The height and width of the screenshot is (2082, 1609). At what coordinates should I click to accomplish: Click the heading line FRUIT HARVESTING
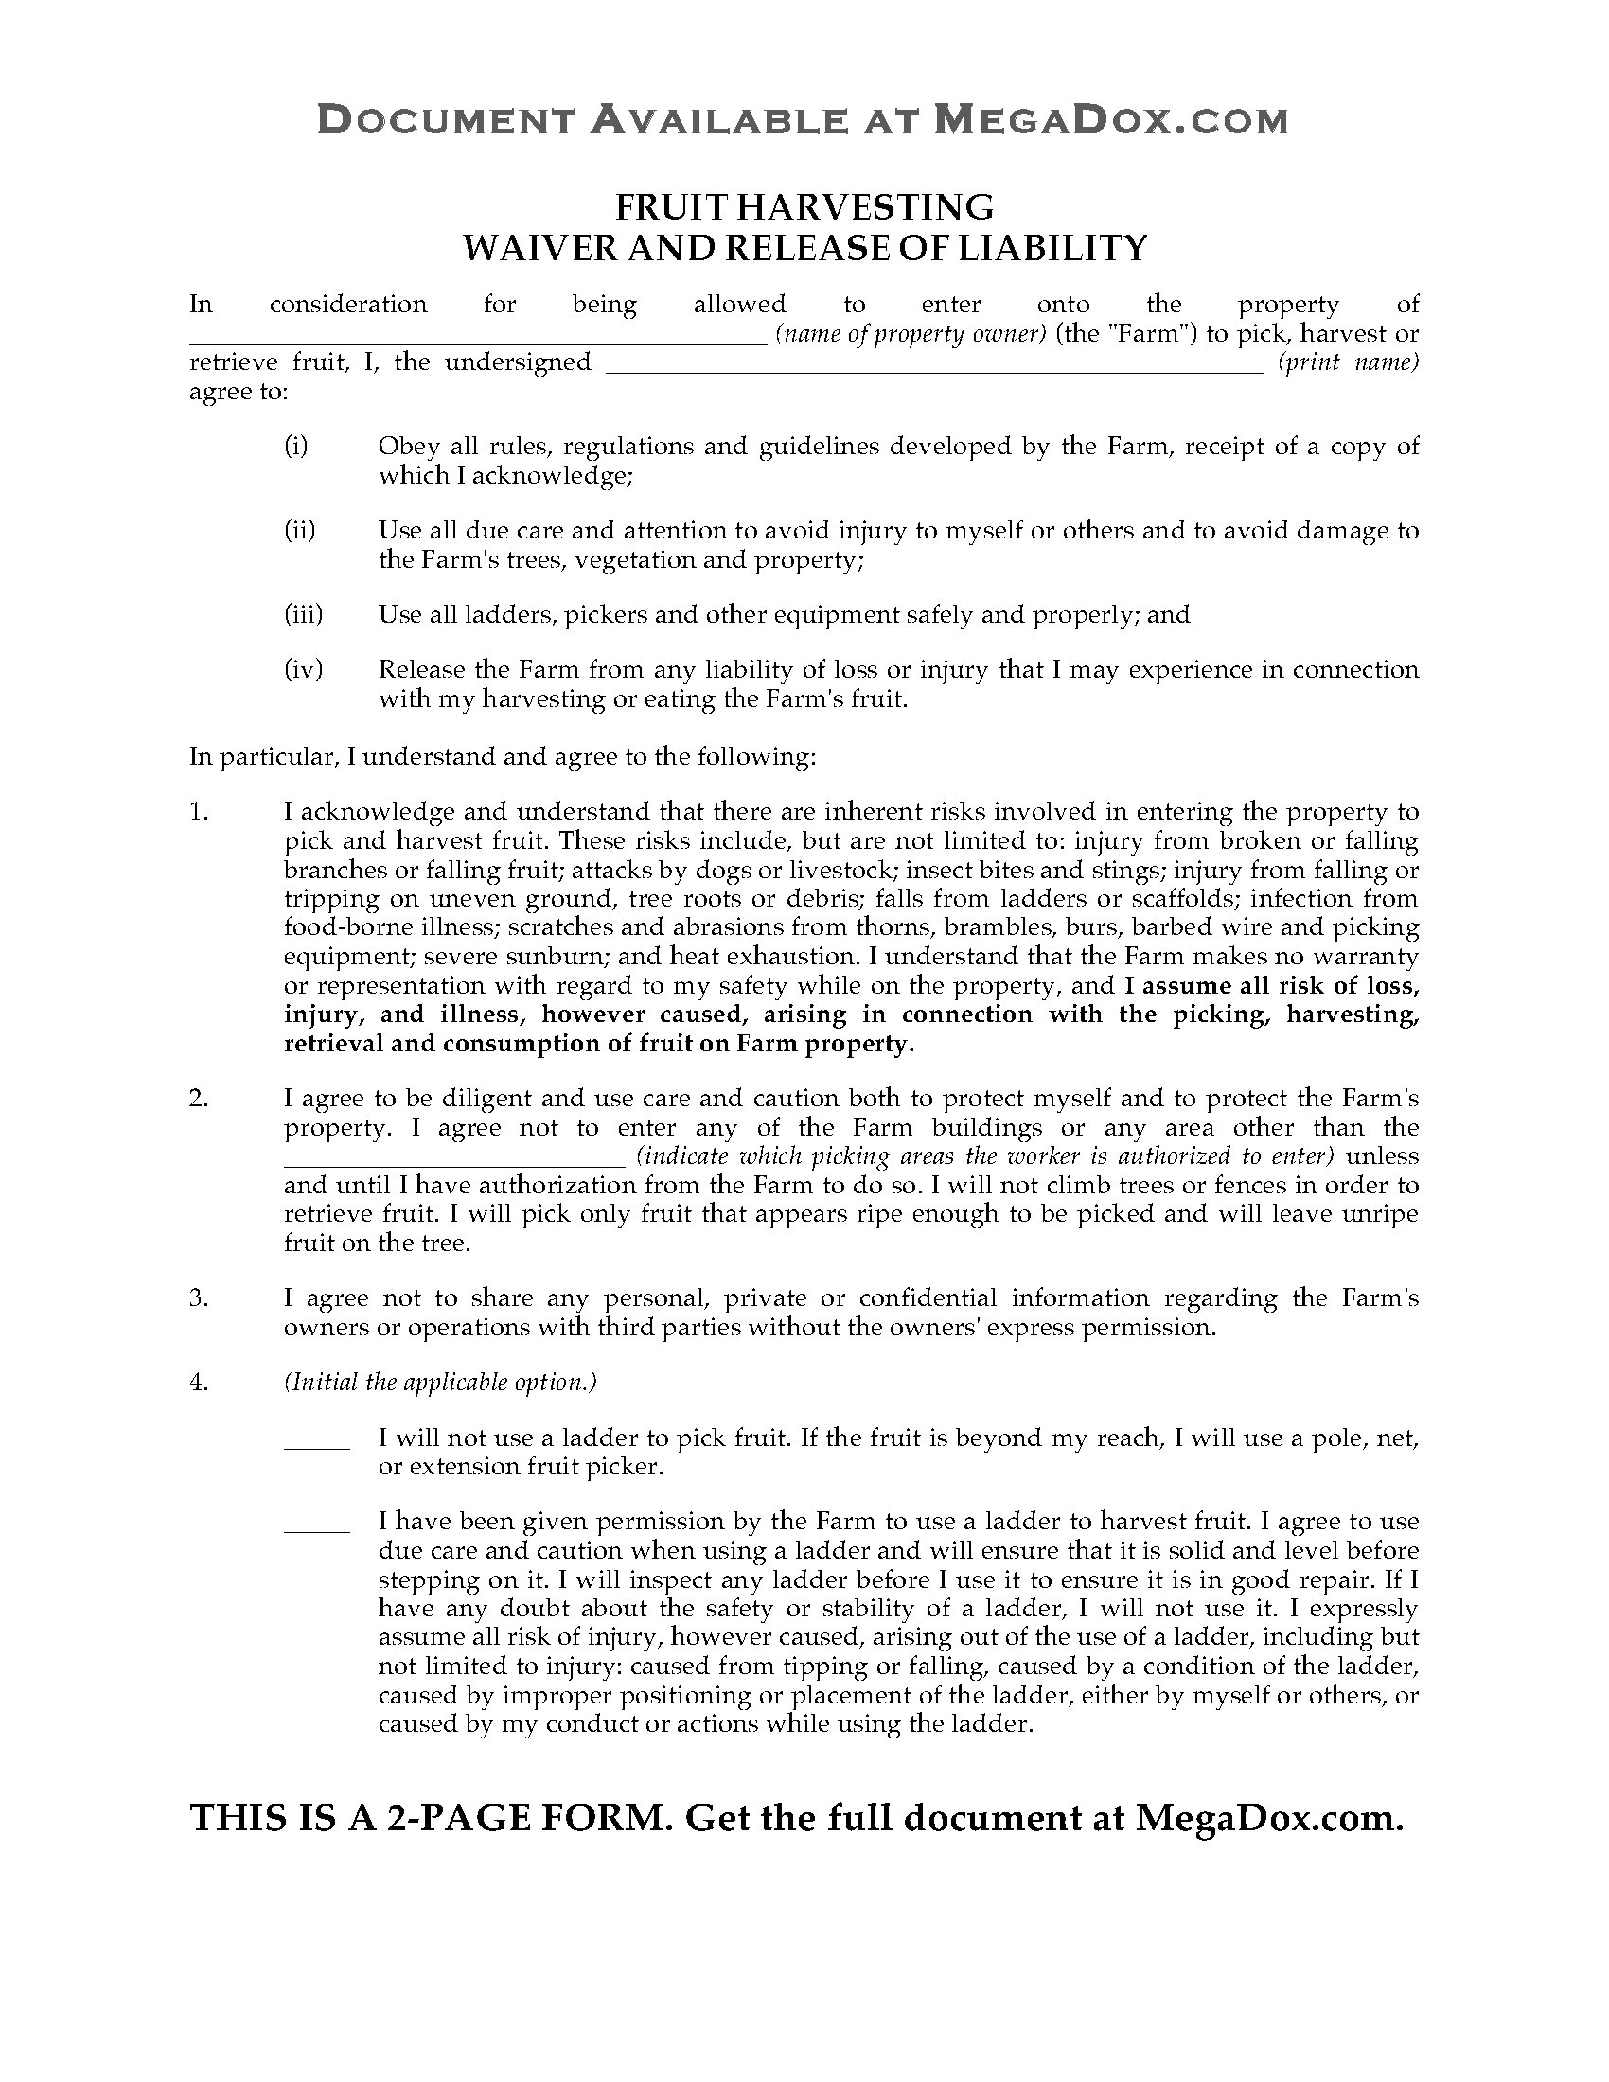[804, 206]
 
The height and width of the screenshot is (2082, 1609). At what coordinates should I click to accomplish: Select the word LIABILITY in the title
[1052, 248]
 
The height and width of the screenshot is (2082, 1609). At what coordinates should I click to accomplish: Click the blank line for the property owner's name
[477, 342]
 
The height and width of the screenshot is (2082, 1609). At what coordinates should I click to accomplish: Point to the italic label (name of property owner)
[911, 335]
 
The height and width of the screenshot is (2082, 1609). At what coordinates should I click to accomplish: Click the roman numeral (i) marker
[295, 446]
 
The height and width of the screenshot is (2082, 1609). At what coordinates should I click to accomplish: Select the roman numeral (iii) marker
[303, 615]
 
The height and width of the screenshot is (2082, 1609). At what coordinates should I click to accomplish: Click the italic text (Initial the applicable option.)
[440, 1383]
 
